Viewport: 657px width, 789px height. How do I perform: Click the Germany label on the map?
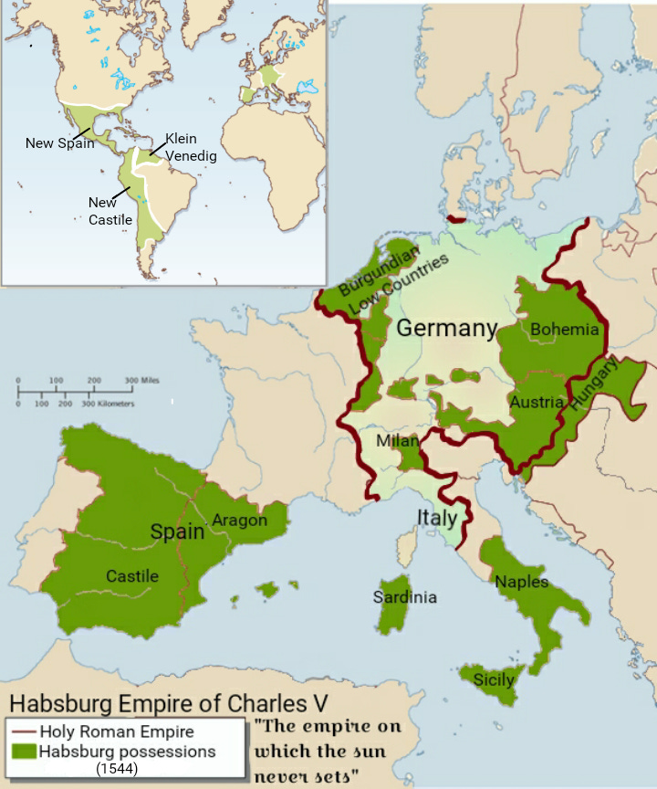tap(446, 329)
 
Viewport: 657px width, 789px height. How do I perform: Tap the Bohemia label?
tap(564, 330)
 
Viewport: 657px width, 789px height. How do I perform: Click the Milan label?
tap(397, 442)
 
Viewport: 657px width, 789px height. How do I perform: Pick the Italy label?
tap(436, 518)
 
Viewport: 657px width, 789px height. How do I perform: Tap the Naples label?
tap(522, 581)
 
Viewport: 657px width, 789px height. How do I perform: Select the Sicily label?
tap(494, 679)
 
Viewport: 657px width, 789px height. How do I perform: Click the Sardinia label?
tap(404, 597)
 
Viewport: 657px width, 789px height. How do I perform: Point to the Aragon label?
tap(239, 521)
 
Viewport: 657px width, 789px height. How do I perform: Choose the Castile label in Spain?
tap(132, 576)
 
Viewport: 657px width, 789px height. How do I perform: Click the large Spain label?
tap(177, 531)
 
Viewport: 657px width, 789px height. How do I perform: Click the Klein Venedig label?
tap(190, 148)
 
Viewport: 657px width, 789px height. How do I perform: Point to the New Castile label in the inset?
tap(109, 211)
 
